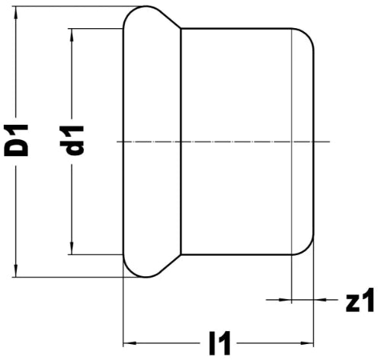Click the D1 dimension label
pos(16,140)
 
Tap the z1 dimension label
pos(360,300)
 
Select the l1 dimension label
pos(219,343)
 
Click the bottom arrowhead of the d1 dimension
pos(72,247)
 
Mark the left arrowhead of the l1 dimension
pos(130,343)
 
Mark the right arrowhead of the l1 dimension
pos(306,343)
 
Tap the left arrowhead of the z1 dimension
pos(284,300)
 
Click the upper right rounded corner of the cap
pos(307,35)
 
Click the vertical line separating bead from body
pos(181,142)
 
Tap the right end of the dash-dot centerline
pos(329,142)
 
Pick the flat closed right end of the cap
pos(314,142)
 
